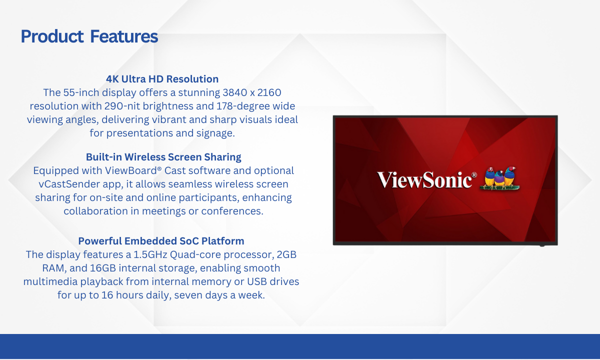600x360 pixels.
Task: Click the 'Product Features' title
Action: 89,36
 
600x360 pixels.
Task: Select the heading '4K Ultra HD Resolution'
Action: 162,79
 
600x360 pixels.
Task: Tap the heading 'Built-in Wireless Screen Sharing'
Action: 163,157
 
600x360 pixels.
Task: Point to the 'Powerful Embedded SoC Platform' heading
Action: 161,241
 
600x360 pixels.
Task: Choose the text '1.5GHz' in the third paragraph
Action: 150,254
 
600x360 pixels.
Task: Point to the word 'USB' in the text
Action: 256,282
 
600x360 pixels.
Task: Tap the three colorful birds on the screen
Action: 499,178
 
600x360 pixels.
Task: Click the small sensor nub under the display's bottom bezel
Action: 542,245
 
